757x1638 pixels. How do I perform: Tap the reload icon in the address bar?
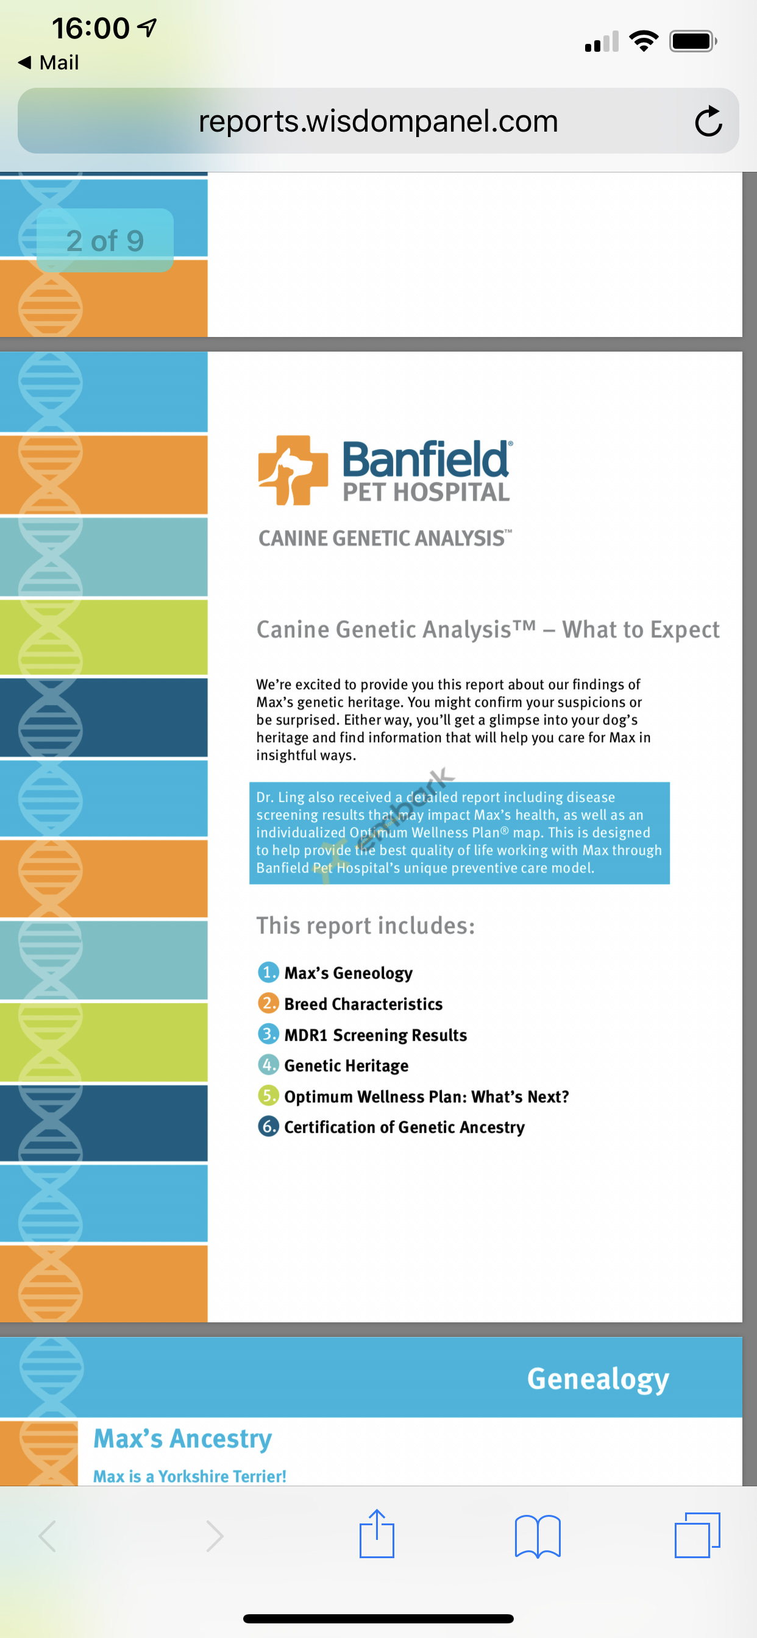pyautogui.click(x=708, y=121)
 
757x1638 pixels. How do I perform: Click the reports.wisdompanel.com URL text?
pyautogui.click(x=378, y=121)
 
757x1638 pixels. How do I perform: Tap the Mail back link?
pyautogui.click(x=49, y=62)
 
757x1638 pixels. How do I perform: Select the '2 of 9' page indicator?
pyautogui.click(x=105, y=240)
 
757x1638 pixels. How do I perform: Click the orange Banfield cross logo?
pyautogui.click(x=293, y=470)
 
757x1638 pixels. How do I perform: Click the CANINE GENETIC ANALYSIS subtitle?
pyautogui.click(x=385, y=538)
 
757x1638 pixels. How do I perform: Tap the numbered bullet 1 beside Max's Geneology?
pyautogui.click(x=268, y=971)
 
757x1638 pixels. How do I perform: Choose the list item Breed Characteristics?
pyautogui.click(x=363, y=1004)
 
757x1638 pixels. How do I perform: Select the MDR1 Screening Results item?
pyautogui.click(x=375, y=1035)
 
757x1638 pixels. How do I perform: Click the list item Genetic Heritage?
pyautogui.click(x=346, y=1065)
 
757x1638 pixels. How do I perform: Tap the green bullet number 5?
pyautogui.click(x=268, y=1095)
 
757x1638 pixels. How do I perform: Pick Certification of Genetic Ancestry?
pyautogui.click(x=404, y=1127)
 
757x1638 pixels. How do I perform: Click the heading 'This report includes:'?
pyautogui.click(x=366, y=926)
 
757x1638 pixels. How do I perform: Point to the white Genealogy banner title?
pyautogui.click(x=598, y=1378)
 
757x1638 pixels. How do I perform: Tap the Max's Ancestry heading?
pyautogui.click(x=183, y=1438)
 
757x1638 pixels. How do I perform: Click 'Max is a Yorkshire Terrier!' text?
pyautogui.click(x=190, y=1476)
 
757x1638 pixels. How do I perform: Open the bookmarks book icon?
pyautogui.click(x=538, y=1536)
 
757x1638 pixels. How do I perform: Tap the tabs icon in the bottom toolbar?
pyautogui.click(x=697, y=1535)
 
